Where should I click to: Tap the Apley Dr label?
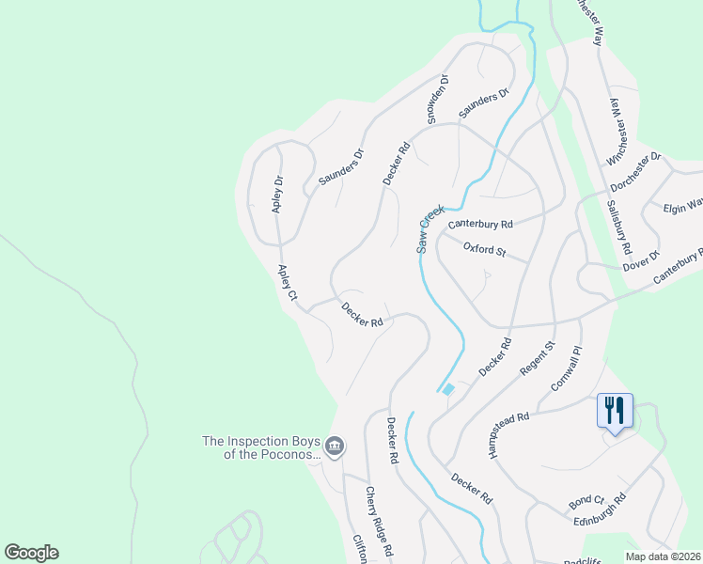[x=278, y=195]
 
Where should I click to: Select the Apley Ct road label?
[x=287, y=282]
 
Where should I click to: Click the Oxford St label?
[x=485, y=250]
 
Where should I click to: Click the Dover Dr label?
[x=642, y=260]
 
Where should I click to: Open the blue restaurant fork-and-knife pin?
[x=615, y=411]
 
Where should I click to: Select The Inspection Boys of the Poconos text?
[x=261, y=447]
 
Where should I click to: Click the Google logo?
[x=31, y=553]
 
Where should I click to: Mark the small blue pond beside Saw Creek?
[x=448, y=389]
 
